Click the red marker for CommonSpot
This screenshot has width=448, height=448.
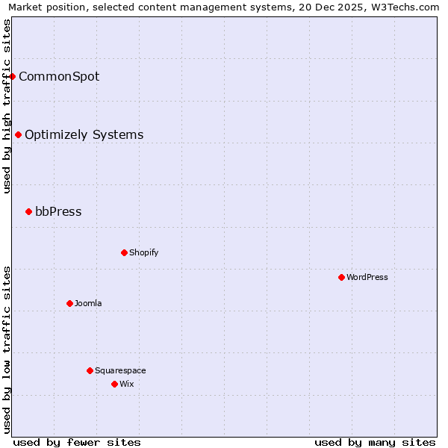[x=13, y=76]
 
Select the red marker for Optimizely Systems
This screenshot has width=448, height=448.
[x=19, y=134]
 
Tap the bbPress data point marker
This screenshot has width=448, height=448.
[x=28, y=211]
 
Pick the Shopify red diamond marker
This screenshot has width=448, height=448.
[x=124, y=252]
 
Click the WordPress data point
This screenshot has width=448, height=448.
[x=341, y=277]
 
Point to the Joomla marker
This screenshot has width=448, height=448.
[x=69, y=303]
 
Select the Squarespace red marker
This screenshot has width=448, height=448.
[x=90, y=370]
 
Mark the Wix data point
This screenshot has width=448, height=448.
[x=114, y=384]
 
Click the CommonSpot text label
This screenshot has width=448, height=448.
[x=59, y=76]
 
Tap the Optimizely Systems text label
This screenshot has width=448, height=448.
[x=84, y=134]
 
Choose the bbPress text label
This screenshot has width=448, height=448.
[x=58, y=211]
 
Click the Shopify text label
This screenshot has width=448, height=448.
[x=143, y=252]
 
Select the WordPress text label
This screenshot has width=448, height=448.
[x=367, y=277]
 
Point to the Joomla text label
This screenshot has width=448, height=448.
[x=88, y=303]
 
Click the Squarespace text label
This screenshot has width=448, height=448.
[x=120, y=370]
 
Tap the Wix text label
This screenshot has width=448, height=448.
[x=126, y=384]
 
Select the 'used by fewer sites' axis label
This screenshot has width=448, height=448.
[x=77, y=442]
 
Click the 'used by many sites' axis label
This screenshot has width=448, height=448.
[x=375, y=442]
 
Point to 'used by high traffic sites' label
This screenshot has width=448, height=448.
[x=7, y=106]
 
